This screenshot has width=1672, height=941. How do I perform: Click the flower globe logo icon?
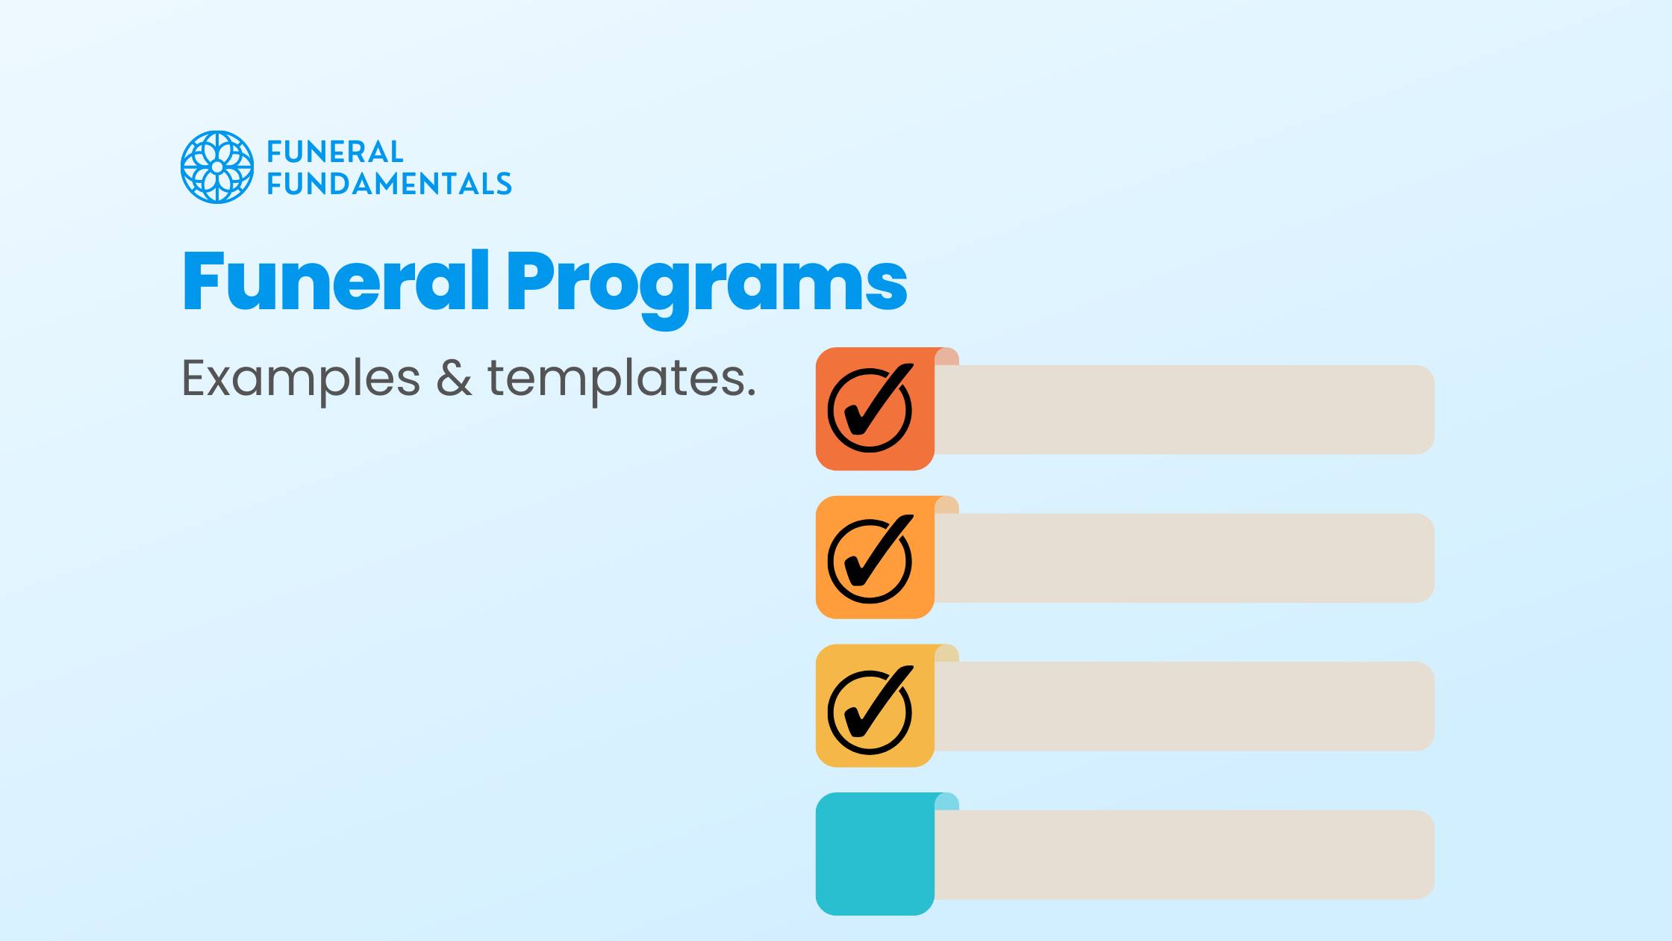tap(217, 167)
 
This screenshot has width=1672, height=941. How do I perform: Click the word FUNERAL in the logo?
tap(335, 152)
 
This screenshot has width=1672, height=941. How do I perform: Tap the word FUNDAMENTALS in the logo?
tap(389, 184)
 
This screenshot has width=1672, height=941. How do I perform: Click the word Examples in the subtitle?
tap(301, 379)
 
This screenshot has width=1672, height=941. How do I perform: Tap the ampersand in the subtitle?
tap(454, 378)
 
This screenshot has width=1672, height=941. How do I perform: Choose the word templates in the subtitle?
tap(621, 379)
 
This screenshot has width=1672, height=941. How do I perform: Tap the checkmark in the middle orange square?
tap(870, 557)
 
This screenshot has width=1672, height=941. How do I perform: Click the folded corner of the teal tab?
tap(948, 802)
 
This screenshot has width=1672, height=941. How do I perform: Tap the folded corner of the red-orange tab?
tap(948, 357)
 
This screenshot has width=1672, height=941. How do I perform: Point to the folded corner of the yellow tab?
tap(948, 653)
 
